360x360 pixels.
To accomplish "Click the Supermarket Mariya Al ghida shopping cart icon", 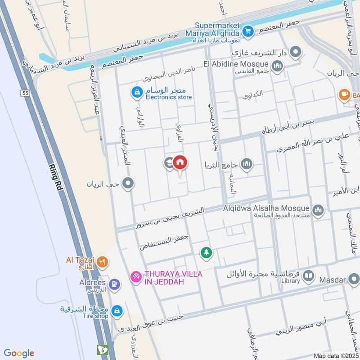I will [247, 31].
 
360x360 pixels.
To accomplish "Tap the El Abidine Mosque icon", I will [277, 67].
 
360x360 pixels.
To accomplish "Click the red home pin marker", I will [180, 162].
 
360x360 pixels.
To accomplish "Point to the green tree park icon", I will [206, 253].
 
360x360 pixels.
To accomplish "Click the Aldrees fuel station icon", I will [115, 283].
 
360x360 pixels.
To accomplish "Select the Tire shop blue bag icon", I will [117, 310].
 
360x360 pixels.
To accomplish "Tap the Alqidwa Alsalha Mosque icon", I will [318, 210].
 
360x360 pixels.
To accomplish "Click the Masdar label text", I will [332, 280].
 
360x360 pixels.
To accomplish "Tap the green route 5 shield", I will [103, 350].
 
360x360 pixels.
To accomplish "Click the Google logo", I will [19, 353].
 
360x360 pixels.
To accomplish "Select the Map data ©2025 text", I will [335, 356].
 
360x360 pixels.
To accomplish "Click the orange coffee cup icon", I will [344, 94].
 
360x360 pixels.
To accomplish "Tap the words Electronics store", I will [168, 97].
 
